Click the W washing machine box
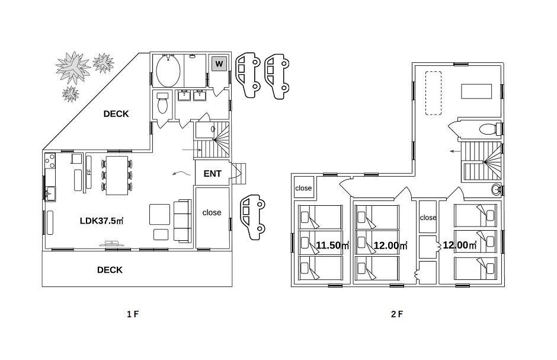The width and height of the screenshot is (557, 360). coord(219,64)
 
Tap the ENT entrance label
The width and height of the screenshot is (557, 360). coord(212,174)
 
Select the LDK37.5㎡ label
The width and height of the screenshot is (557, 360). coord(101,221)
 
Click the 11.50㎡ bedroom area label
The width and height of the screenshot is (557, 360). coord(332,245)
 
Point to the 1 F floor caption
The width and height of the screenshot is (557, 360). coord(133,314)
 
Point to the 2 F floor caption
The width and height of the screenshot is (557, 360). coord(397,314)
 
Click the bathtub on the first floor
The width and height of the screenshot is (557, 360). coord(168,71)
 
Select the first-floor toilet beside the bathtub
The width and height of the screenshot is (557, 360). coord(162,103)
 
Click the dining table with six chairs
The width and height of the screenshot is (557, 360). coord(117,175)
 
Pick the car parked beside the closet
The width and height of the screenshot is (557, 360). coord(252,217)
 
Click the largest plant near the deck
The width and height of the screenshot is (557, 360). coord(73,66)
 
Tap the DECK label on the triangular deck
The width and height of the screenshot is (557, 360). coord(116,114)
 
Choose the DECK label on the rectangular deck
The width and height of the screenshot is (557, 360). coord(110,270)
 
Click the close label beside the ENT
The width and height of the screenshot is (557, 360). coord(212,212)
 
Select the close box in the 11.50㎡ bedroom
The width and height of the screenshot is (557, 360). coord(303,188)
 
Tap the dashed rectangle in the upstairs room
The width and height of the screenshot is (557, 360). coord(433,93)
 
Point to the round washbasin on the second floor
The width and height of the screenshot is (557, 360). coord(496,190)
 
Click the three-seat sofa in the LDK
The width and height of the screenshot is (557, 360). coord(183,221)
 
